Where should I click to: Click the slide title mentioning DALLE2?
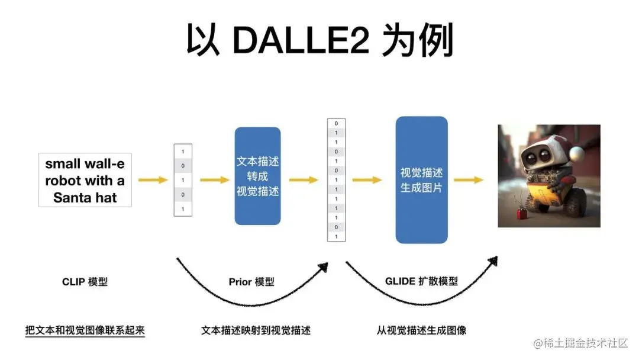(x=319, y=41)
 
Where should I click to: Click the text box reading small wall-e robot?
(x=85, y=181)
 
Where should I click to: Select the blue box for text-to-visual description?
(x=257, y=176)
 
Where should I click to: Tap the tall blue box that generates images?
(x=421, y=179)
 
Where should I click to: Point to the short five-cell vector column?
(x=183, y=180)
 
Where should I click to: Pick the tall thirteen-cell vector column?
(x=336, y=179)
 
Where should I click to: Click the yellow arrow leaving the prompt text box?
(x=153, y=180)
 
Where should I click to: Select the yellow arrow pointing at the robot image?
(x=469, y=180)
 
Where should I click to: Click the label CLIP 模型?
(x=85, y=282)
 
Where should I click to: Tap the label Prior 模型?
(x=251, y=282)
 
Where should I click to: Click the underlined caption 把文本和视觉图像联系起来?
(x=85, y=330)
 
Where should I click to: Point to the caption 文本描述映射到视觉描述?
(x=256, y=330)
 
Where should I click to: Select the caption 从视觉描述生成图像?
(x=421, y=330)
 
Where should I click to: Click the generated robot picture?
(x=548, y=176)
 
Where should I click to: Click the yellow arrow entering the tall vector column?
(x=304, y=180)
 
